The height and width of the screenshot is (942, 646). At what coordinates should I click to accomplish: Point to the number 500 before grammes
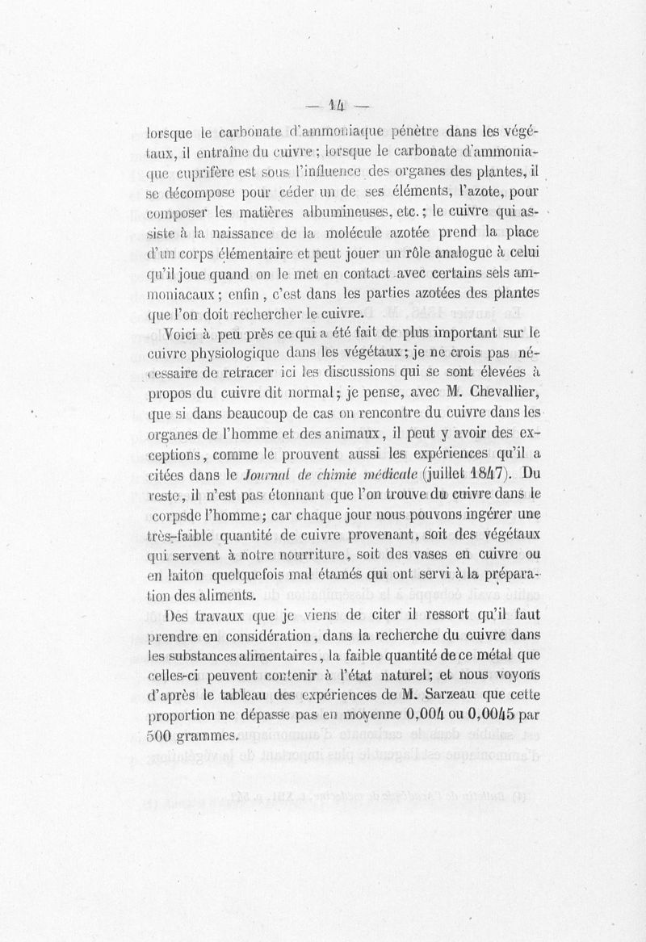click(162, 736)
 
